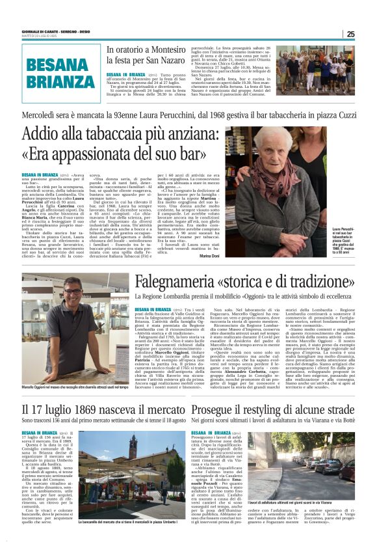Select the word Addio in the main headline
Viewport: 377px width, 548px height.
[40, 135]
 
